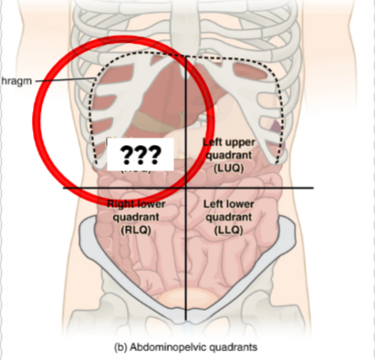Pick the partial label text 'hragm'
(18, 79)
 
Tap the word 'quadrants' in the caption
(234, 347)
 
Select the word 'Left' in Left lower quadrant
(212, 204)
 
